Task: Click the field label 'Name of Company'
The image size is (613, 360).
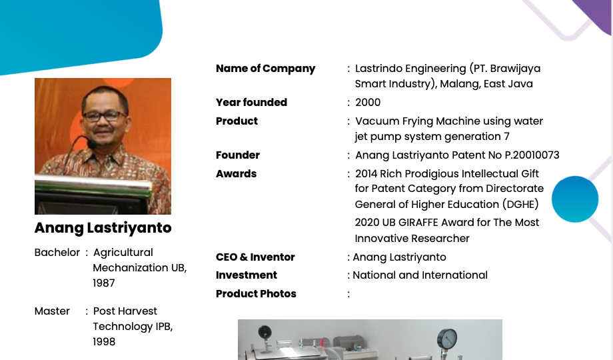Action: tap(265, 69)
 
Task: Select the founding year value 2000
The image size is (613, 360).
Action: tap(368, 103)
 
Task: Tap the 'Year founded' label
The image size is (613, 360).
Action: tap(251, 103)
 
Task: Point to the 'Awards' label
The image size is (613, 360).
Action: tap(236, 174)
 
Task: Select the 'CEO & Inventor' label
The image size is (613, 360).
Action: tap(255, 257)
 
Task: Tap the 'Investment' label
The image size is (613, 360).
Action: tap(246, 275)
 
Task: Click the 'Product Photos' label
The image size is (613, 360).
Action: tap(256, 294)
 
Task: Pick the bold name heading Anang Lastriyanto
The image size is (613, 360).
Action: tap(103, 228)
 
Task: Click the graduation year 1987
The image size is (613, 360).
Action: tap(104, 283)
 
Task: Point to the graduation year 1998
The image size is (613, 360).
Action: tap(104, 342)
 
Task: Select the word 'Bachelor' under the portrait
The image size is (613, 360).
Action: tap(57, 253)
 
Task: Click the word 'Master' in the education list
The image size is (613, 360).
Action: tap(52, 311)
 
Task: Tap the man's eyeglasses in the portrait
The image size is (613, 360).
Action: tap(104, 116)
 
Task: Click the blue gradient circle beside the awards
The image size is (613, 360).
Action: tap(574, 199)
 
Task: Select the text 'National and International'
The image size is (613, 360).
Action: tap(420, 275)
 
